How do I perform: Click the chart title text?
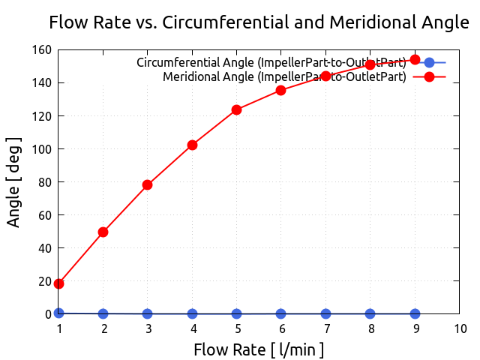(259, 22)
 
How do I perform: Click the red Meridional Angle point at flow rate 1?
(58, 283)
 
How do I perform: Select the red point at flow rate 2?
(103, 232)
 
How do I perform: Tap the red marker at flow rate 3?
(147, 184)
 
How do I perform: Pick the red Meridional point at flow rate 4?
(192, 145)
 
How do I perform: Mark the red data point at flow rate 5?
(236, 109)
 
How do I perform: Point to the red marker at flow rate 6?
(280, 90)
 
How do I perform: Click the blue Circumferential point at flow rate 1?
(58, 313)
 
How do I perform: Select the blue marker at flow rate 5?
(236, 313)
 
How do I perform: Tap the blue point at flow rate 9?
(415, 313)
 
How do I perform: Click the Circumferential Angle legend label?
(271, 63)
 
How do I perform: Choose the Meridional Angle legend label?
(283, 76)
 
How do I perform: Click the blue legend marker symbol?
(429, 63)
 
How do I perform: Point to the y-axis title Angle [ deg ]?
(14, 181)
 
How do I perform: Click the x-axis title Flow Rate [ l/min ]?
(259, 349)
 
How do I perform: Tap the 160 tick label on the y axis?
(42, 50)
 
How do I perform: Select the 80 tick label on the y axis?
(45, 182)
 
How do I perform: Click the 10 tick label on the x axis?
(459, 328)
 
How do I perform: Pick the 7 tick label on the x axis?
(325, 328)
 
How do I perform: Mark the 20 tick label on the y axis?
(45, 281)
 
